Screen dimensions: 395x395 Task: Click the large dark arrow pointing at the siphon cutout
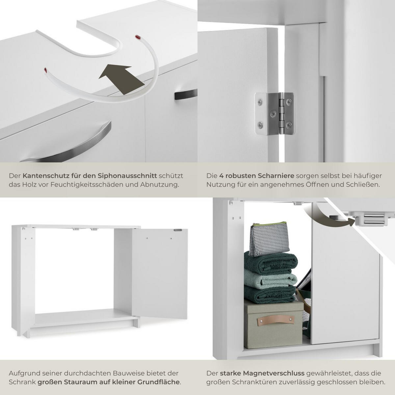(x=121, y=79)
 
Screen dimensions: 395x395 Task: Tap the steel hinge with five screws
(x=275, y=114)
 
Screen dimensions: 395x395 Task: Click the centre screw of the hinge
(x=273, y=114)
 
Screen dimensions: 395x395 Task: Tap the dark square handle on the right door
(x=186, y=94)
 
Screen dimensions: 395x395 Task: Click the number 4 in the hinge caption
(x=222, y=176)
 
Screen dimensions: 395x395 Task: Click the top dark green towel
(x=271, y=262)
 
